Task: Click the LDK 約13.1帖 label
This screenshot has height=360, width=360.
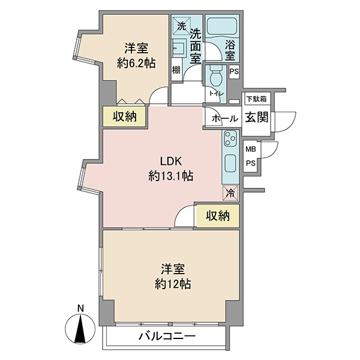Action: tap(170, 169)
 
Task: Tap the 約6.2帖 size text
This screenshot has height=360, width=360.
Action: tap(136, 63)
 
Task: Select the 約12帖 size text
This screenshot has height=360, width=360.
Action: tap(173, 284)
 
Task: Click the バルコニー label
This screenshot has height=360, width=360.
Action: tap(167, 337)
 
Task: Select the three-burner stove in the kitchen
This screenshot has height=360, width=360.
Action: tap(230, 138)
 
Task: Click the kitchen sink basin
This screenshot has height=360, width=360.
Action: tap(230, 163)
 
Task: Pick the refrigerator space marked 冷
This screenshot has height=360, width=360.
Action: tap(230, 193)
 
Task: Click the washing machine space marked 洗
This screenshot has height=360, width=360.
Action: tap(182, 26)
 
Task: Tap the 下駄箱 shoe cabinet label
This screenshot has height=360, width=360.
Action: tap(256, 99)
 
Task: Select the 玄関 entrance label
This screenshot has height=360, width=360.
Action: tap(257, 118)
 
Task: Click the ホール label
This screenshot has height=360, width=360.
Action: tap(224, 119)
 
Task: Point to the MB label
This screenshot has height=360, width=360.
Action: tap(251, 149)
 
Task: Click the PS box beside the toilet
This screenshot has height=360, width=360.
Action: tap(234, 72)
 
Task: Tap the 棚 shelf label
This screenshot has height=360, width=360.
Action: tap(176, 70)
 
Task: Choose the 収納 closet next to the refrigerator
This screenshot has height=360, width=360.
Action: tap(217, 215)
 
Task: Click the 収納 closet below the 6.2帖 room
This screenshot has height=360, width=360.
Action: tap(124, 116)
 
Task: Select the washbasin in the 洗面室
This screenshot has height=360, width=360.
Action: tap(178, 48)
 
